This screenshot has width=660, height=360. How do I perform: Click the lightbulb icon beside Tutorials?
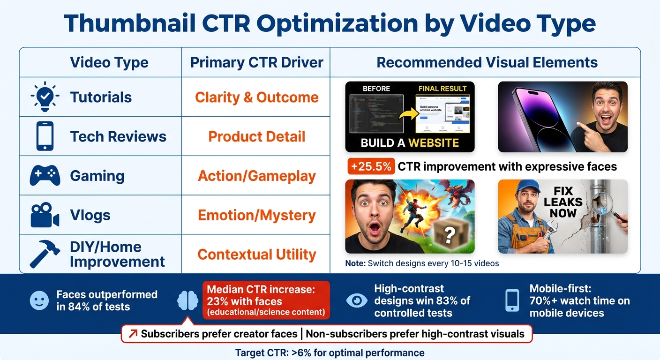coord(45,97)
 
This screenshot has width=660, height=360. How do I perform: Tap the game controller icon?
coord(45,176)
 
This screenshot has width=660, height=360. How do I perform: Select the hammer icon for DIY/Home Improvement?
coord(45,253)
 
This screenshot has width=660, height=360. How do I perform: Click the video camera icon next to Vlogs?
coord(45,215)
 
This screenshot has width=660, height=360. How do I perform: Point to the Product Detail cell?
coord(256,136)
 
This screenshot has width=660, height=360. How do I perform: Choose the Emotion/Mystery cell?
coord(256,215)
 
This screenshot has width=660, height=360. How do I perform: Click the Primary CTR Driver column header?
coord(256,62)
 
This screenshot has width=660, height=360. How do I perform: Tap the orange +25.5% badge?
coord(370,166)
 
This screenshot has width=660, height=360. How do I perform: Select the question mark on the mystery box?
coord(449,235)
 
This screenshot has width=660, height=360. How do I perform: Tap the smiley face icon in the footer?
coord(39,300)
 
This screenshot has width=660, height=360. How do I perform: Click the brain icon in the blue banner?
coord(188,300)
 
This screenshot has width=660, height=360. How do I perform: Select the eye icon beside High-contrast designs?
coord(357,300)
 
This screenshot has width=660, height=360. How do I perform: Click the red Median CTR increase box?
coord(266,300)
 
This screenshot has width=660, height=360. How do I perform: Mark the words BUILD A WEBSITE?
coord(410,143)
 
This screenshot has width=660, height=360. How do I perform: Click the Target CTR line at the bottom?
coord(330,352)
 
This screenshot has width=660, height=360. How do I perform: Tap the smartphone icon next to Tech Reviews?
coord(45,136)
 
